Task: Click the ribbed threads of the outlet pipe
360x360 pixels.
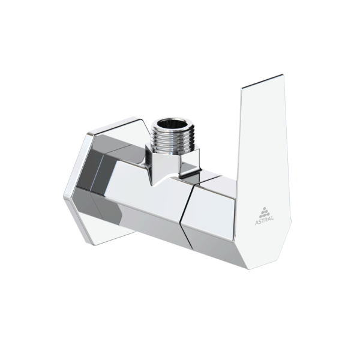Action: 173,140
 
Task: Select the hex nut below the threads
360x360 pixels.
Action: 172,161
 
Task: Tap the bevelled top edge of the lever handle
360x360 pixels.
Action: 262,81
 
